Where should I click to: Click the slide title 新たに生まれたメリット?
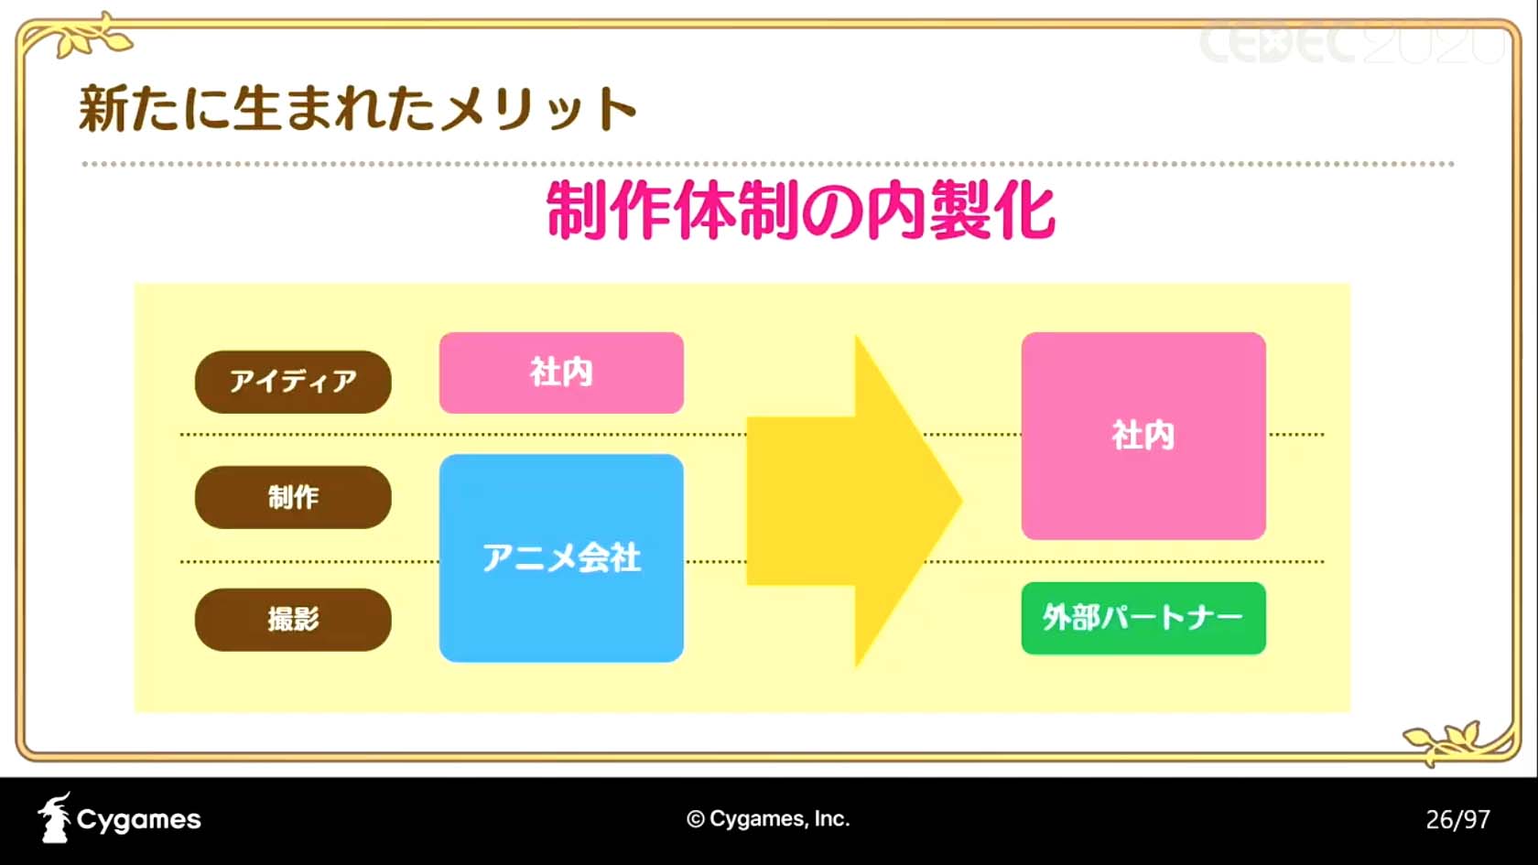[x=358, y=108]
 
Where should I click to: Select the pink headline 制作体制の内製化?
[x=800, y=211]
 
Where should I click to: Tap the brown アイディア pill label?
[x=293, y=382]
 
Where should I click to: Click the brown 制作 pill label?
[x=293, y=497]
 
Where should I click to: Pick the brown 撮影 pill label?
[x=293, y=619]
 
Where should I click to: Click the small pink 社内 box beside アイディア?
[x=562, y=373]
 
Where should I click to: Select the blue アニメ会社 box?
[x=562, y=557]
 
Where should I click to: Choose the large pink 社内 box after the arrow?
[x=1143, y=436]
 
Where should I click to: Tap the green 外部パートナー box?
[x=1143, y=618]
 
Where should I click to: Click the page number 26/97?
[x=1457, y=820]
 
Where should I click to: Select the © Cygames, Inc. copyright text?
[x=767, y=818]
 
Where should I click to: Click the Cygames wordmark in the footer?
[x=139, y=819]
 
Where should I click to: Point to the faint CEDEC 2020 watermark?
[x=1349, y=42]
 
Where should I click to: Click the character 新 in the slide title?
[x=103, y=108]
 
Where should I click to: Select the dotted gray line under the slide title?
[x=767, y=164]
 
